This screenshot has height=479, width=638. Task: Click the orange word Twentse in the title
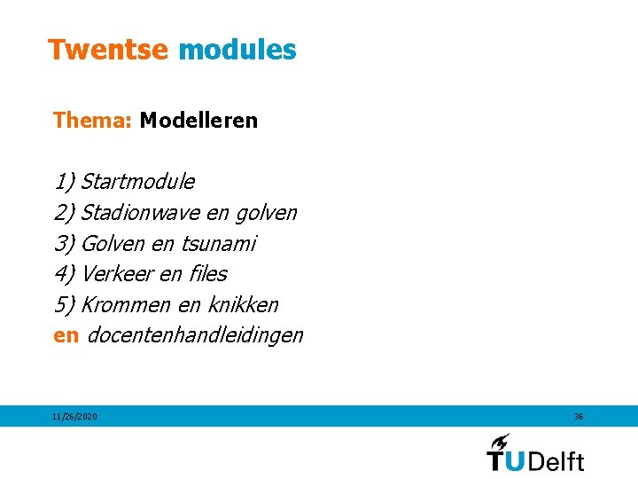[x=107, y=50]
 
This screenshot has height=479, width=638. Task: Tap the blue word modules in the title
[x=237, y=50]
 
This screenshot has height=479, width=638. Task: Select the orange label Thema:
[x=92, y=120]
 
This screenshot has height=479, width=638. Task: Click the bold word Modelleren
[x=198, y=120]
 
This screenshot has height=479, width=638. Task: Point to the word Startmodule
[x=137, y=182]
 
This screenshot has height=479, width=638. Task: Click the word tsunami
[x=218, y=243]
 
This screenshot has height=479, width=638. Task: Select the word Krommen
[x=126, y=304]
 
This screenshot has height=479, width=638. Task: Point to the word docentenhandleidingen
[x=196, y=335]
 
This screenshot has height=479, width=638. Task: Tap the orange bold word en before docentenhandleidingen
[x=66, y=335]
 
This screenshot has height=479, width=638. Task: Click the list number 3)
[x=65, y=243]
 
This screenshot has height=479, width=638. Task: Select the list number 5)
[x=65, y=304]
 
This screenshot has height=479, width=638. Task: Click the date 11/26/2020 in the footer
[x=74, y=416]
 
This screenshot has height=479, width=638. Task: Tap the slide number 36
[x=579, y=416]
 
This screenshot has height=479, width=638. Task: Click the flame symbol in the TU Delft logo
[x=500, y=441]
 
